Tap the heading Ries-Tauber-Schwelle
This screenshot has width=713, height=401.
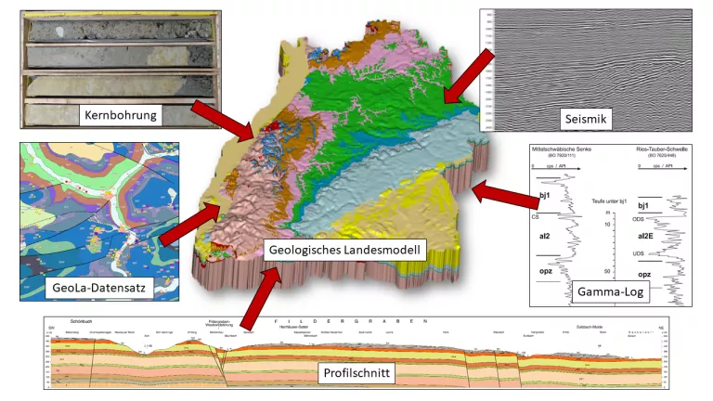[660, 149]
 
